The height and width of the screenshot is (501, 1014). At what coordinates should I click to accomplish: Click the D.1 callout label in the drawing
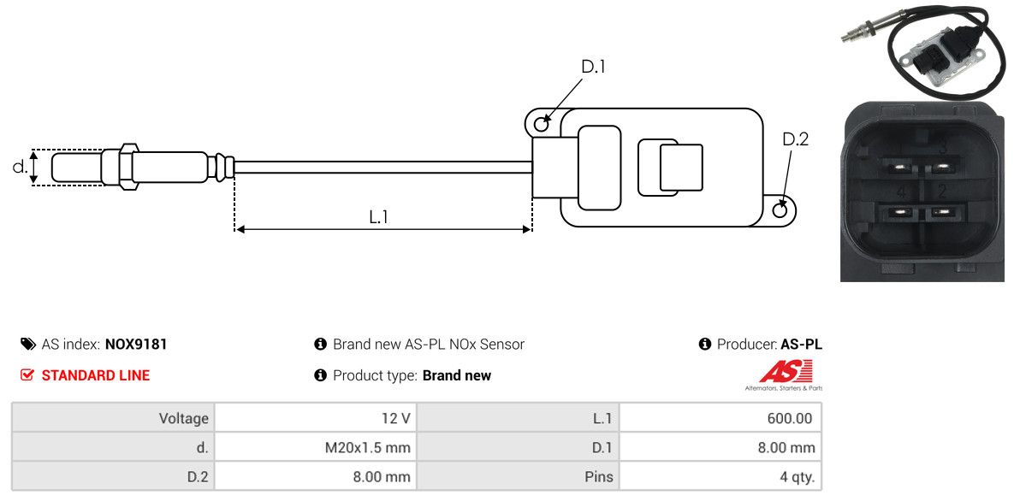pyautogui.click(x=593, y=67)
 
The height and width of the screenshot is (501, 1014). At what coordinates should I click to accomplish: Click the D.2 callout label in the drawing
pyautogui.click(x=795, y=139)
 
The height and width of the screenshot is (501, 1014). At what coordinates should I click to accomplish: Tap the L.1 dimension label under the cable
pyautogui.click(x=379, y=217)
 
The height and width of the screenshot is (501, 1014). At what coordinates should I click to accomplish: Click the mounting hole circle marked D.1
pyautogui.click(x=541, y=125)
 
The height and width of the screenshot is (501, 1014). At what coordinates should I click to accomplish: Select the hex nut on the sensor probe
pyautogui.click(x=127, y=166)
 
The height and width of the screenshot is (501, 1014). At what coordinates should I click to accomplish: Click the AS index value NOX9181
pyautogui.click(x=136, y=345)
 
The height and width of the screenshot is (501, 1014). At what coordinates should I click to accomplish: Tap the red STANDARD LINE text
pyautogui.click(x=95, y=375)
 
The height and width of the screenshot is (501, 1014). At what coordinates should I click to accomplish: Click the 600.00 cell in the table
pyautogui.click(x=791, y=419)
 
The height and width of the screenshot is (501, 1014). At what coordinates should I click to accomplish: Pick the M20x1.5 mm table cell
pyautogui.click(x=368, y=448)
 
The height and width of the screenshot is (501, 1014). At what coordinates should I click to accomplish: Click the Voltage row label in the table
pyautogui.click(x=183, y=419)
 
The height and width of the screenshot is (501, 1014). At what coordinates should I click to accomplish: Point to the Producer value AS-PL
pyautogui.click(x=801, y=345)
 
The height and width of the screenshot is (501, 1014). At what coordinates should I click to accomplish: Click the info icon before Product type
pyautogui.click(x=321, y=375)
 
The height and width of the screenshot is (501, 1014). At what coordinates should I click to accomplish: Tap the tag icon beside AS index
pyautogui.click(x=28, y=345)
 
